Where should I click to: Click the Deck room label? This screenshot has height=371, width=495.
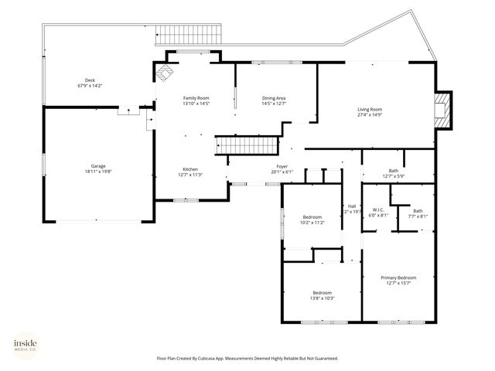click(x=90, y=83)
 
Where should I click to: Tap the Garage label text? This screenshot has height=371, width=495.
click(x=97, y=169)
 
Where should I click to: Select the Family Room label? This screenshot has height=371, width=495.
click(x=196, y=101)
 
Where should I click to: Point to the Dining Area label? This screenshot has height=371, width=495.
click(x=274, y=101)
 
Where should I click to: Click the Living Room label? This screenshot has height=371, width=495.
click(x=370, y=113)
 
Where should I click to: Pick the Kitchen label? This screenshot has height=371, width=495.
click(x=190, y=172)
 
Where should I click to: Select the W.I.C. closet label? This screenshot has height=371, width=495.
click(x=378, y=213)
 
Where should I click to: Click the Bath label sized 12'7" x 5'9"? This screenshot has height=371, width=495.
click(x=394, y=173)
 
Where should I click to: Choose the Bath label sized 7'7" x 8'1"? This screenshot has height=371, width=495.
click(x=418, y=213)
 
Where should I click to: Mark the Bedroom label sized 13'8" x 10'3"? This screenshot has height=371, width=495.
click(x=322, y=295)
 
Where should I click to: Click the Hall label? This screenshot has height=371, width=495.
click(x=352, y=208)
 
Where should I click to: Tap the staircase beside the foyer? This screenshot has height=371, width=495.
click(x=246, y=145)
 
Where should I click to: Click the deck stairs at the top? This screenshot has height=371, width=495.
click(x=189, y=33)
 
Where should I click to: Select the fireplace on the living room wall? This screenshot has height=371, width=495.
click(x=441, y=110)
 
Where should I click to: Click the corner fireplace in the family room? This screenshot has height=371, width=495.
click(x=166, y=73)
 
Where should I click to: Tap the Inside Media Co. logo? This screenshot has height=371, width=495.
click(x=25, y=345)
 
